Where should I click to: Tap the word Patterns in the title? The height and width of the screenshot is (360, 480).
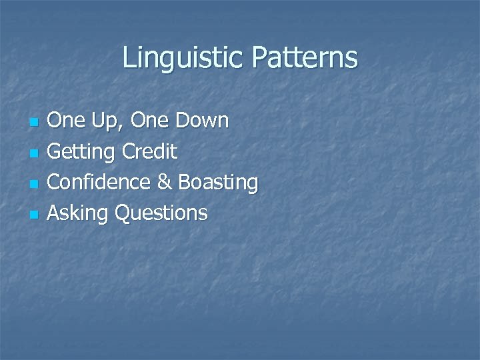304,59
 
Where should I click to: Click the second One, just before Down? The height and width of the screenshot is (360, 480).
150,121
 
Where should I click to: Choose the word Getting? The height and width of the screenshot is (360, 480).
81,153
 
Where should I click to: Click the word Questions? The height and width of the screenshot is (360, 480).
161,213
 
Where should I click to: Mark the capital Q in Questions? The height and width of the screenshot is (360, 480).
123,213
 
